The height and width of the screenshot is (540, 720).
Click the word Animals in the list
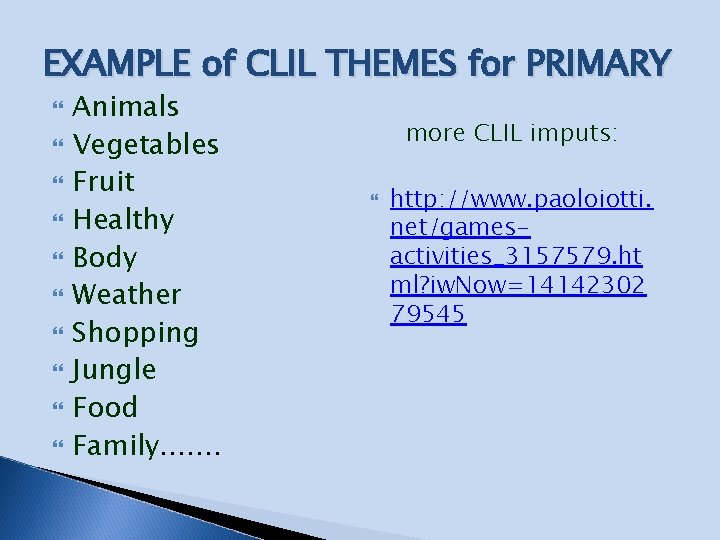coord(126,106)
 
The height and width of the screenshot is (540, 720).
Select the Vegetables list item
coord(146,144)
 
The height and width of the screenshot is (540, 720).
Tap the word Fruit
coord(104,182)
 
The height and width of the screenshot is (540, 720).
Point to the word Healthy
coord(124,219)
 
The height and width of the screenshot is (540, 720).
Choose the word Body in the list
coord(105,257)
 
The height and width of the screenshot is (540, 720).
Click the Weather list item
coord(127,294)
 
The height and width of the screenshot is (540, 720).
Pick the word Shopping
coord(136,332)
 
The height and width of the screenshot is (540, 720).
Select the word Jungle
coord(115,370)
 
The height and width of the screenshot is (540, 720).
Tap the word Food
coord(105,407)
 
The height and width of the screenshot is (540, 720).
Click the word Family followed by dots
coord(146,445)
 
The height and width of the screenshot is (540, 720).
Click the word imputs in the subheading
coord(576,133)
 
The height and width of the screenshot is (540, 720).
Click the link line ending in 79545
coord(427,314)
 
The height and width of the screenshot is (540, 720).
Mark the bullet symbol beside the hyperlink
coord(375,201)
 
